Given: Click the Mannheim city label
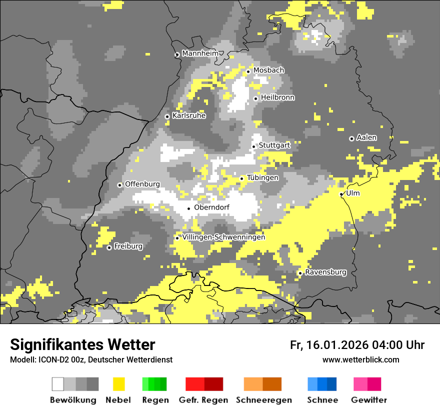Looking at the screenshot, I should pos(200,53).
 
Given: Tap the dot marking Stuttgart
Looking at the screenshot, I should pos(253,146).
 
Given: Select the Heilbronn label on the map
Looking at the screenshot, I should pos(277,97).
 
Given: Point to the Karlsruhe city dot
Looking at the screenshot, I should pos(167,116).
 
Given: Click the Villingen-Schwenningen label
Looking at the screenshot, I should pos(223,237).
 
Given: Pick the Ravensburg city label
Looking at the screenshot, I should pos(325,272).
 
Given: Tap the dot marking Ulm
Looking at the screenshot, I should pos(341,194).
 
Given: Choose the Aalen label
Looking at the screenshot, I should pos(366,137).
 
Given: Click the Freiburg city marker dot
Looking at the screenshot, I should pos(109,247).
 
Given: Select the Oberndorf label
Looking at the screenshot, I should pos(211,207).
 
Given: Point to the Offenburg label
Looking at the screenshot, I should pos(142,184).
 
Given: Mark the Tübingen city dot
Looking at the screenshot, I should pos(241,178).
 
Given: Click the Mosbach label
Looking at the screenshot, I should pos(268,70).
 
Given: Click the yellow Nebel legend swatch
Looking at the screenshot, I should pos(118,384).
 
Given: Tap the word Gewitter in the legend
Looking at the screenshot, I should pos(369,400).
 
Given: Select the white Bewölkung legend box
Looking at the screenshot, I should pos(58,384).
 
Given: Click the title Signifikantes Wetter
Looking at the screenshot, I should pos(82,344).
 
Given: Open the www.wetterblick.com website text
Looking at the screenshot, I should pos(360,359).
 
